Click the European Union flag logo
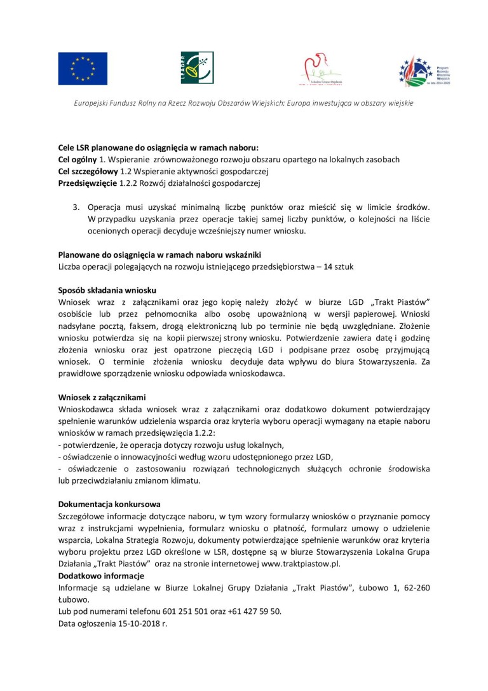pos(83,69)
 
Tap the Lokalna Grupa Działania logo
pos(320,69)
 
